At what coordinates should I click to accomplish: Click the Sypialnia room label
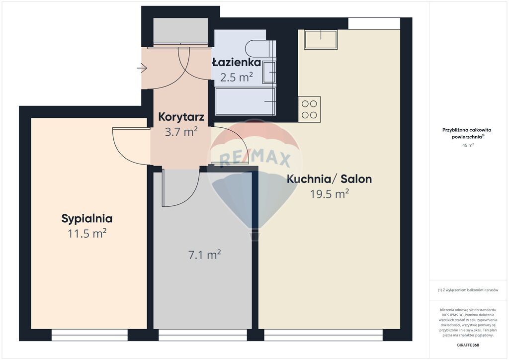tap(87, 219)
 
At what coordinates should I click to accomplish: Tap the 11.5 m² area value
tap(87, 233)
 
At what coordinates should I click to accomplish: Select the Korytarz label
tap(181, 117)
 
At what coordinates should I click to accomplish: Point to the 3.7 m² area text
tap(181, 132)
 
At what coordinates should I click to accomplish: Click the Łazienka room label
tap(236, 62)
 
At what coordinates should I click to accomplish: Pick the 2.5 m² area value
tap(236, 77)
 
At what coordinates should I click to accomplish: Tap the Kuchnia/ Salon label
tap(329, 179)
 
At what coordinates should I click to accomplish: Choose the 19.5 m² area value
tap(329, 194)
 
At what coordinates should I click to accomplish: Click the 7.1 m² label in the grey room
tap(204, 255)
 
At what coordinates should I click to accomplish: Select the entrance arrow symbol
tap(142, 68)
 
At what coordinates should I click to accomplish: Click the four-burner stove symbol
tap(309, 109)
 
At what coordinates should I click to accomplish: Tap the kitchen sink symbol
tap(321, 39)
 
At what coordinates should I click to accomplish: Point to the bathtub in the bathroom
tap(246, 101)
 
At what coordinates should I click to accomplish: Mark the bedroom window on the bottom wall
tap(89, 335)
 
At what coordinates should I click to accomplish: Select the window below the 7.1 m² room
tap(203, 335)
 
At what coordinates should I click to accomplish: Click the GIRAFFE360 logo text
tap(468, 345)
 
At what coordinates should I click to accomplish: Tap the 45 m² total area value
tap(468, 145)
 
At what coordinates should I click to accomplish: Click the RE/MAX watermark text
tap(255, 159)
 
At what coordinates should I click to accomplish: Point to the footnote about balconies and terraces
tap(468, 290)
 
